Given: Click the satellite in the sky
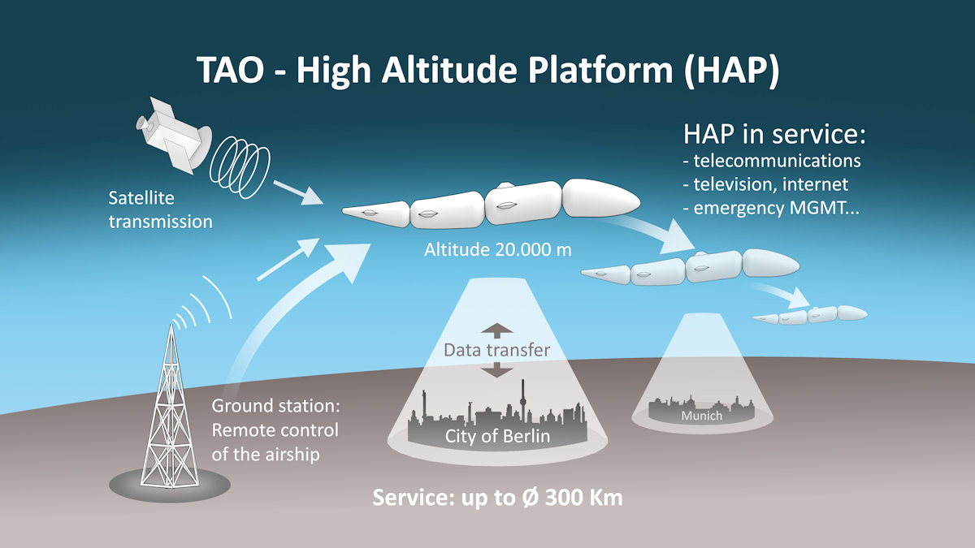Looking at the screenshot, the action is click(x=173, y=135).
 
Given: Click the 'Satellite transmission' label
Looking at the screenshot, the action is click(x=161, y=209).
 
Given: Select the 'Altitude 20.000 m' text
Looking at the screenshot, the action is click(x=497, y=250).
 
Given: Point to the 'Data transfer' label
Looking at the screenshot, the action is click(x=496, y=350).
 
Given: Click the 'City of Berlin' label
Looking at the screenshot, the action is click(x=497, y=436).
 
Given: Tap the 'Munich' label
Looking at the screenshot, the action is click(x=701, y=416).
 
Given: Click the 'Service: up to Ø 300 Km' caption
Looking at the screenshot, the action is click(x=497, y=498).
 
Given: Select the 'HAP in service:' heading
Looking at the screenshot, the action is click(x=774, y=134).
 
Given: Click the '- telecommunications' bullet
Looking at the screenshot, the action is click(x=772, y=161).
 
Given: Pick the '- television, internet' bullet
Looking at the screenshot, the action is click(x=765, y=184).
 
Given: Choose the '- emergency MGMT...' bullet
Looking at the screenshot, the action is click(x=771, y=208).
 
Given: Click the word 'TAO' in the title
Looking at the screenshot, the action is click(x=231, y=70).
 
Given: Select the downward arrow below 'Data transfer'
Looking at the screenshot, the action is click(x=496, y=370).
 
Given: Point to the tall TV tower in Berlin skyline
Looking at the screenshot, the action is click(x=523, y=400).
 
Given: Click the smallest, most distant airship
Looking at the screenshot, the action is click(x=810, y=314).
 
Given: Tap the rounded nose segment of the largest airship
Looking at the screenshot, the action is click(x=601, y=198).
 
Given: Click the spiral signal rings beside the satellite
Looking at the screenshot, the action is click(x=240, y=167).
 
